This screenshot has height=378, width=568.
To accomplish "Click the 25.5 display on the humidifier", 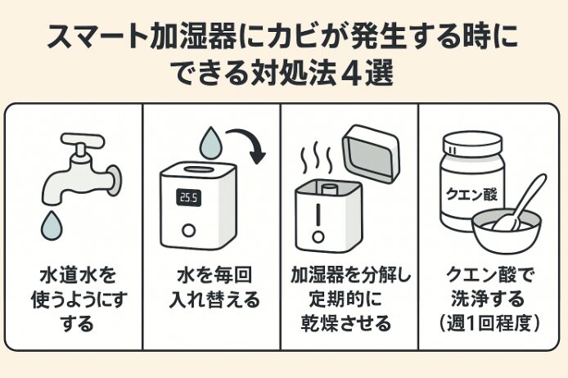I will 190,198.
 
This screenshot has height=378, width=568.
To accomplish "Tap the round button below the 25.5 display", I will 190,231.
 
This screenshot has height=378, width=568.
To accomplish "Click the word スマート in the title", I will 92,38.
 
